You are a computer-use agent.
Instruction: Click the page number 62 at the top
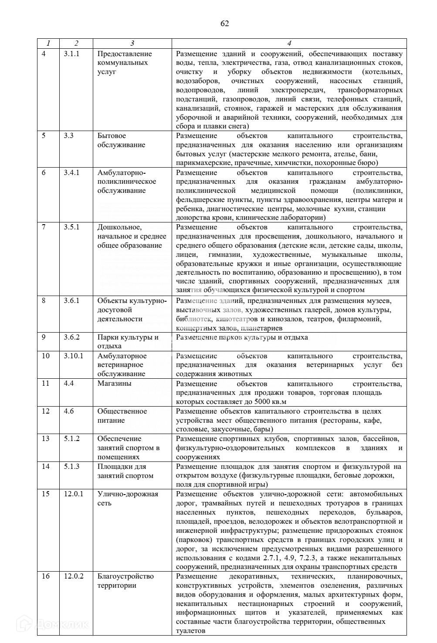coord(224,24)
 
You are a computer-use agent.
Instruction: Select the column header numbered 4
coord(289,43)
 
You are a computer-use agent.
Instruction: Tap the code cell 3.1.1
coord(71,54)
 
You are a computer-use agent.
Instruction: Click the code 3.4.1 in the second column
coord(71,172)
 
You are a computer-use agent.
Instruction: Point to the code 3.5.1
coord(71,227)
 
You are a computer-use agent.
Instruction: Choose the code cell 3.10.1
coord(73,356)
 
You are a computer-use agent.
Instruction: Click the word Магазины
coord(114,384)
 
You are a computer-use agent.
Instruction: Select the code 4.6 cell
coord(69,411)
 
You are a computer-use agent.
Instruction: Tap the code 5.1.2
coord(71,438)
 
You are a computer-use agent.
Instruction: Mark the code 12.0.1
coord(73,494)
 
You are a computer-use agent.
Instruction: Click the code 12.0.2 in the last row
coord(73,576)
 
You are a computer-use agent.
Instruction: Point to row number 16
coord(46,576)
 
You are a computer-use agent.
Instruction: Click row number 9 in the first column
coord(44,337)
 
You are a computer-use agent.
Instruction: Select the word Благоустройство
coord(125,576)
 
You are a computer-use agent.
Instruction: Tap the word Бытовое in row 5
coord(111,136)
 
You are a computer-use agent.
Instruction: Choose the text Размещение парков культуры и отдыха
coord(242,337)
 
